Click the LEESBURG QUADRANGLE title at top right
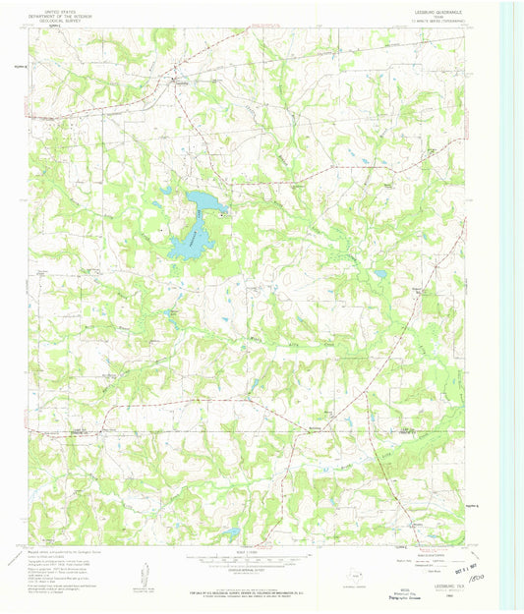pyautogui.click(x=447, y=13)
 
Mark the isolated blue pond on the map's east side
pyautogui.click(x=379, y=275)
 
